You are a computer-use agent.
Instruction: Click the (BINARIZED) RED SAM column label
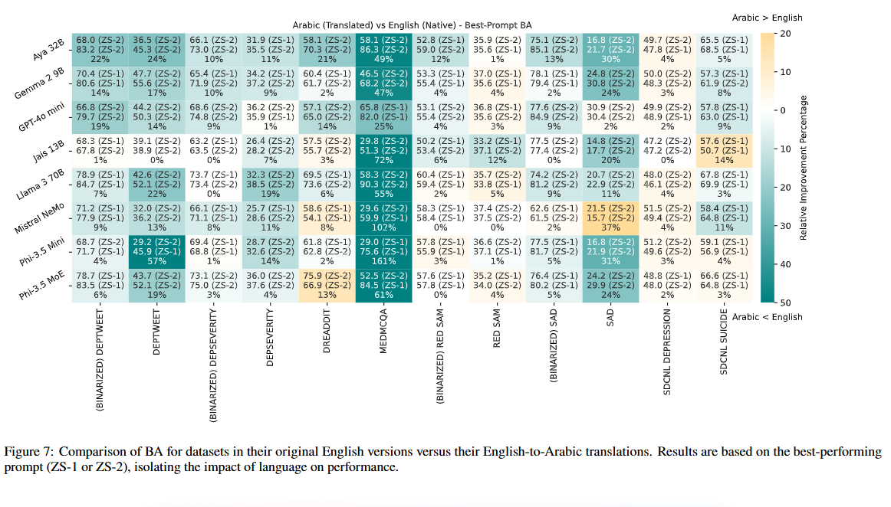[441, 359]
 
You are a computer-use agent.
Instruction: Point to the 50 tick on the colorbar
[787, 302]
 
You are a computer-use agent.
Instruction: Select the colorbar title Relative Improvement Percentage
[803, 168]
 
